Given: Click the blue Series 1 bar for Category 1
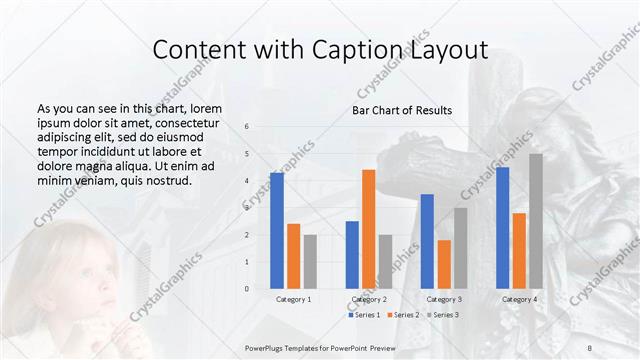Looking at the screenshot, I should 276,230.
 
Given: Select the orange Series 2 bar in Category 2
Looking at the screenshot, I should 368,229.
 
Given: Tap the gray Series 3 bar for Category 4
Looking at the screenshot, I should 536,221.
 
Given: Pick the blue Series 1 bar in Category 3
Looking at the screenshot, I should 427,241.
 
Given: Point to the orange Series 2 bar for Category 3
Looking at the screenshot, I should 444,264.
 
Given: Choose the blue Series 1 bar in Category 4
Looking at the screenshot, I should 502,227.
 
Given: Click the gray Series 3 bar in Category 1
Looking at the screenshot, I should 310,261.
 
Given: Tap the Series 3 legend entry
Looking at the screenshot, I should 441,315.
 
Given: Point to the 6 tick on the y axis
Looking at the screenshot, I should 247,126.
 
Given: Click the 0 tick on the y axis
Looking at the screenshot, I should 247,289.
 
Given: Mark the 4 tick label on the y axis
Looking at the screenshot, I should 247,181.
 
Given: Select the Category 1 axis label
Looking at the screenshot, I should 293,299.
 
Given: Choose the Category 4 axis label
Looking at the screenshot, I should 519,299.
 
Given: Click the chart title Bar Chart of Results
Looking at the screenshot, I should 402,110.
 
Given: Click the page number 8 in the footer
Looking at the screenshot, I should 589,345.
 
